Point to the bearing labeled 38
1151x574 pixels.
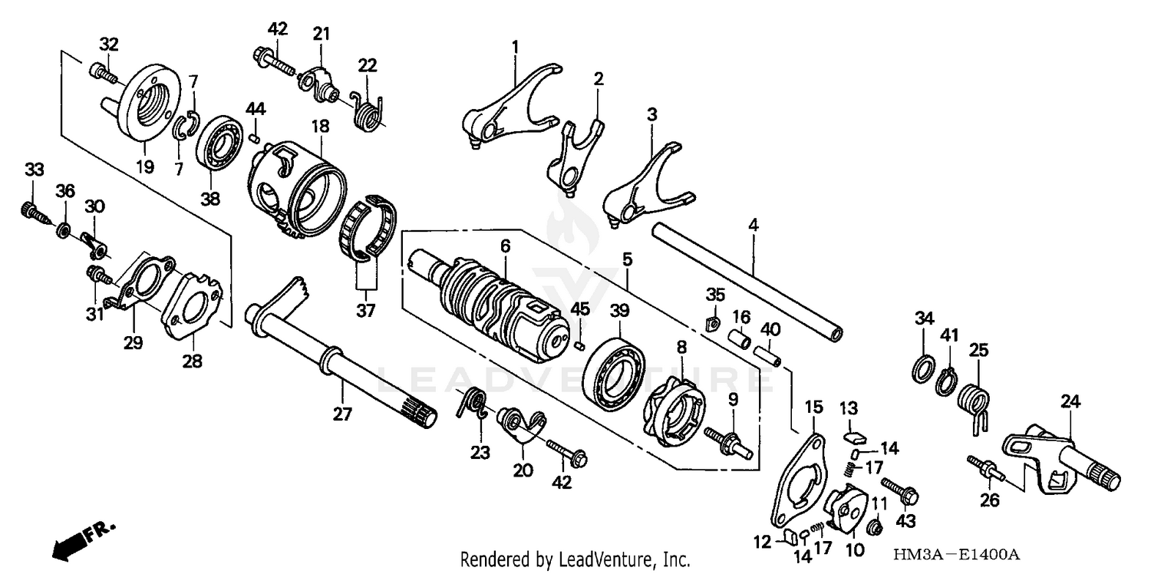point(219,141)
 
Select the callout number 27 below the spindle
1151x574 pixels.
point(342,414)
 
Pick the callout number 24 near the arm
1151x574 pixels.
point(1071,401)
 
